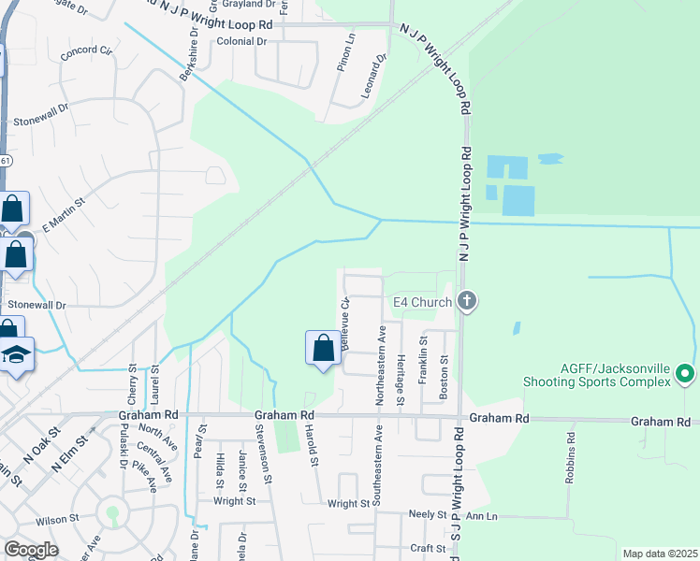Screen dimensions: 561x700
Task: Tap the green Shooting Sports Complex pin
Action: pos(685,375)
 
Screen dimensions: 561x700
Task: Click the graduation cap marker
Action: pos(17,354)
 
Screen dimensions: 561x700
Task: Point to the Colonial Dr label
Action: pos(241,42)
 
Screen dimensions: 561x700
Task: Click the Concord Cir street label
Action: pos(85,52)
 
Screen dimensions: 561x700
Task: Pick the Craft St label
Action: pos(426,549)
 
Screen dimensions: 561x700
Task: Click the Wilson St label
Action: pos(58,519)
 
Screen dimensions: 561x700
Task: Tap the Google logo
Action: pos(31,550)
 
